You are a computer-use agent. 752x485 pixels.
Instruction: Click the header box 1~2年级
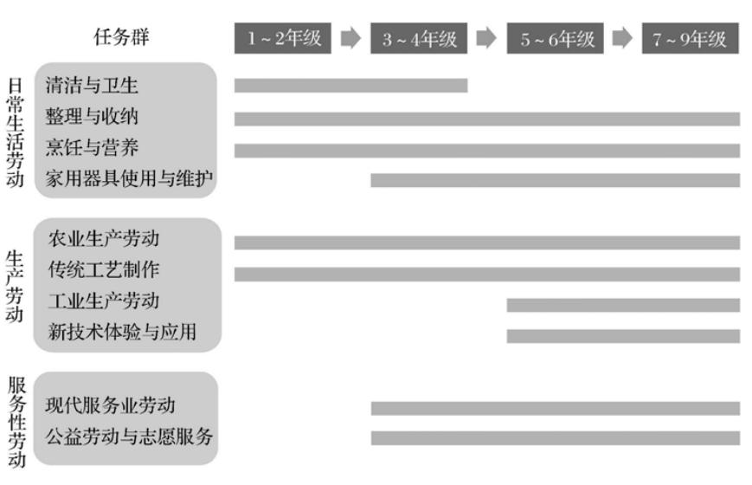coord(283,38)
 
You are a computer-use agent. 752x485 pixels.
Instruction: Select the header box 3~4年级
coord(419,38)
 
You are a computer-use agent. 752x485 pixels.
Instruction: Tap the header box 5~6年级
coord(556,38)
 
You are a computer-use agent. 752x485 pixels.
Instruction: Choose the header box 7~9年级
coord(691,38)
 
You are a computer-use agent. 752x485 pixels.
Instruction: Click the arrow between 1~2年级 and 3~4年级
coord(350,38)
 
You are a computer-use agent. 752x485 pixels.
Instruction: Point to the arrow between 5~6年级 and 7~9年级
coord(622,38)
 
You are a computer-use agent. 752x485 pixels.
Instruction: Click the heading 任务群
coord(126,37)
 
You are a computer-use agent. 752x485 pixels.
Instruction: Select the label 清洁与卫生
coord(92,85)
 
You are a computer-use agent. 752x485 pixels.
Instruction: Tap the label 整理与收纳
coord(92,116)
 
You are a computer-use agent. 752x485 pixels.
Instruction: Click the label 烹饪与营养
coord(92,148)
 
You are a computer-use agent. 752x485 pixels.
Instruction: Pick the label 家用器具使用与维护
coord(129,179)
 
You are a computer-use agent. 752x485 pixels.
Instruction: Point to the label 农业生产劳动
coord(103,238)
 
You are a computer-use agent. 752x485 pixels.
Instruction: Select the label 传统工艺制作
coord(103,269)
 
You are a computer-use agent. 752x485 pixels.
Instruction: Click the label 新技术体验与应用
coord(121,332)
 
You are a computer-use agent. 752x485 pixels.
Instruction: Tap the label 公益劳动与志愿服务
coord(129,436)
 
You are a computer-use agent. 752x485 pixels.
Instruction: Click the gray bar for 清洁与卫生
coord(350,85)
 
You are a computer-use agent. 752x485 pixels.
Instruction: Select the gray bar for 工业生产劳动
coord(623,305)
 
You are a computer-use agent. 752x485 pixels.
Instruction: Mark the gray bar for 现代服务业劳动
coord(555,408)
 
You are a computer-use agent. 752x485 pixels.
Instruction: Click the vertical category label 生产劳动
coord(15,286)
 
